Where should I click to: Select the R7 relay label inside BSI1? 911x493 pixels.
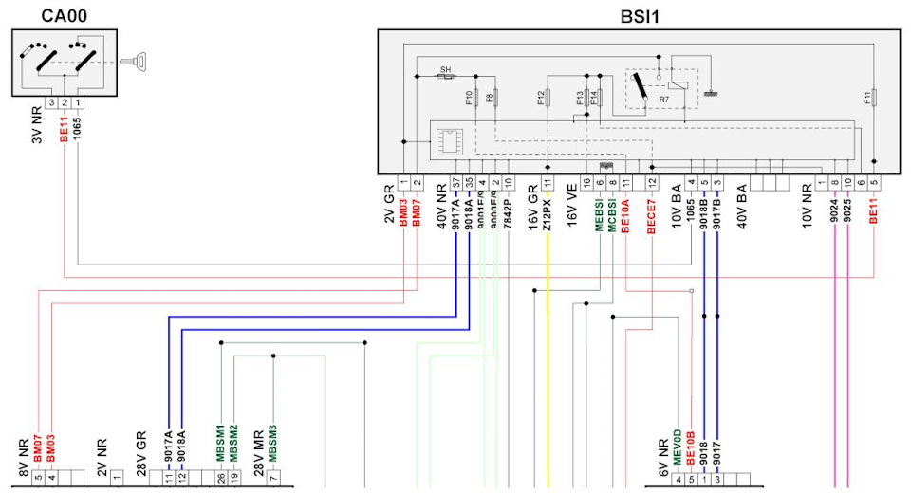(x=665, y=99)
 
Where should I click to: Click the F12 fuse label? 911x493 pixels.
(x=540, y=97)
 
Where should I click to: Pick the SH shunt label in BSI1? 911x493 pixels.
(x=444, y=70)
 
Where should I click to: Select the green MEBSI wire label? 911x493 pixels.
(x=600, y=210)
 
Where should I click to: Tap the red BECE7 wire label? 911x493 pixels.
(x=652, y=213)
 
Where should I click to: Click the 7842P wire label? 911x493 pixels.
(x=509, y=211)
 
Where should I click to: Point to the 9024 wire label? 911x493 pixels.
(x=834, y=208)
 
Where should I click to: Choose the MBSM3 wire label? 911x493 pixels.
(x=273, y=443)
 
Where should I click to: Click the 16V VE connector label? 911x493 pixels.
(x=572, y=205)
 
